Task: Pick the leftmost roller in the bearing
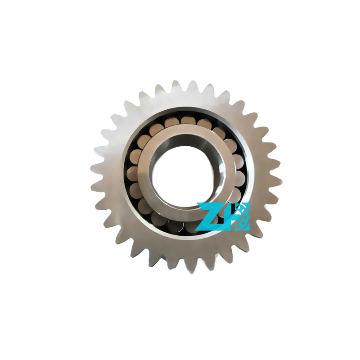132,173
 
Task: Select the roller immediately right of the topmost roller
204,124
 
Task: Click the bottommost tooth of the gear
191,267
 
